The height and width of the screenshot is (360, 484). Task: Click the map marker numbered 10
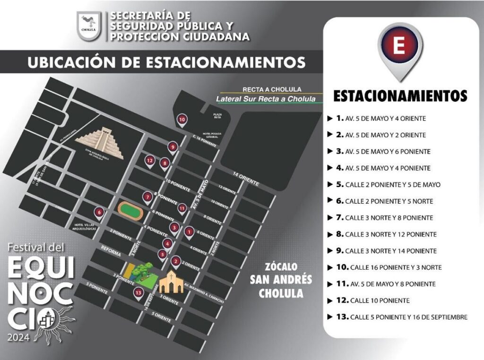(x=182, y=120)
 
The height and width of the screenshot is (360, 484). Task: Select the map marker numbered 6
(x=99, y=212)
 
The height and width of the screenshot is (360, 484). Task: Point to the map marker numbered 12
(x=150, y=161)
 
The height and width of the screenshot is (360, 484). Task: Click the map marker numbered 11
(x=182, y=208)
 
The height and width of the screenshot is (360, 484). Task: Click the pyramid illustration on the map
(x=100, y=142)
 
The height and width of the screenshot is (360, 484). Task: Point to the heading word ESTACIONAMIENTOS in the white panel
(x=400, y=95)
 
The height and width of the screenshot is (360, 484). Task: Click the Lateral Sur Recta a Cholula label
(x=265, y=99)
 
